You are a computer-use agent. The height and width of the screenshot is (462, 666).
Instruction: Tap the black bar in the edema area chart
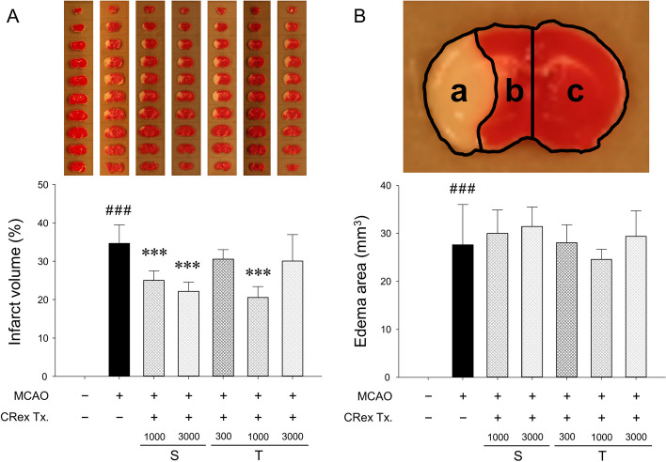463,311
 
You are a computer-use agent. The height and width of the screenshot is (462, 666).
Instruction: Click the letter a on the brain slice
458,93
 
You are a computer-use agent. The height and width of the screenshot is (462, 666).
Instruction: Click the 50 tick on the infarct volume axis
44,185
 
